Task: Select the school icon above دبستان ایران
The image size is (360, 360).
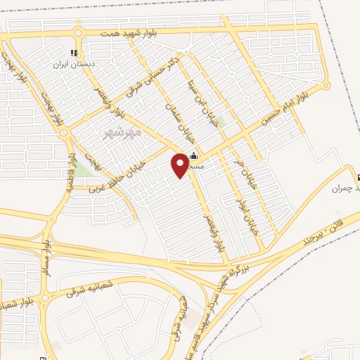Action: click(x=73, y=53)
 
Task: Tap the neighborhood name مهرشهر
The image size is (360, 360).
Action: click(x=122, y=131)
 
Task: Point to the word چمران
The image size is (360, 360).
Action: click(x=342, y=188)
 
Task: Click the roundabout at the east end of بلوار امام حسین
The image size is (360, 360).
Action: click(x=326, y=86)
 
